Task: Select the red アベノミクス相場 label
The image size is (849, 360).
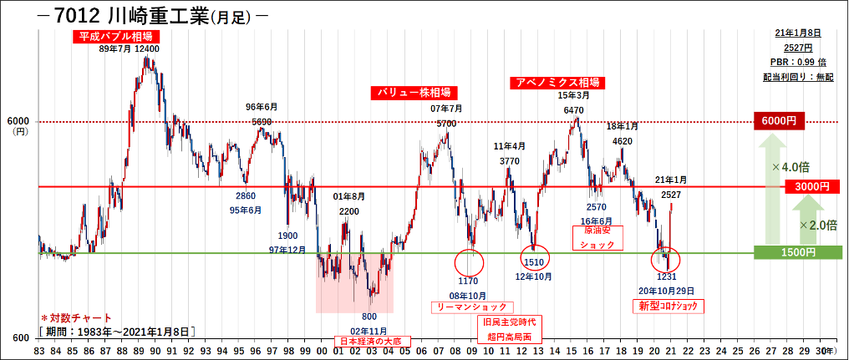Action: coord(557,83)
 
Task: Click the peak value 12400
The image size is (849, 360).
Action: coord(146,49)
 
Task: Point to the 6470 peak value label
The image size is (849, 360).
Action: coord(573,110)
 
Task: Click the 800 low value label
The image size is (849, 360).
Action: coord(369,317)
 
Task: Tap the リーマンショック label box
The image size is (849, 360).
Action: coord(473,307)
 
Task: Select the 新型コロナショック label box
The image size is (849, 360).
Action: coord(667,307)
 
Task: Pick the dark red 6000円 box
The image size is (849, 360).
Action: coord(778,121)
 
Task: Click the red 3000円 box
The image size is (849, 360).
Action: coord(810,185)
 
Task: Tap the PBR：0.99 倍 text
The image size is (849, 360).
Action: coord(797,62)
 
